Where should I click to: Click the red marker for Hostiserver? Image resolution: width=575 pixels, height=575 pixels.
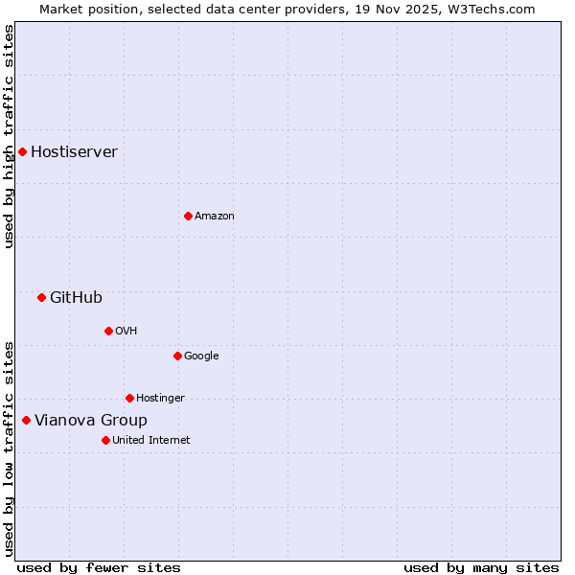click(x=22, y=151)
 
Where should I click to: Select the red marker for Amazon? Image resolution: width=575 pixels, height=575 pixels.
click(x=188, y=216)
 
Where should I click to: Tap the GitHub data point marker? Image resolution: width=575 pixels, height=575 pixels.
click(x=41, y=297)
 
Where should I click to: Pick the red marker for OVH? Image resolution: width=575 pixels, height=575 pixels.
click(x=108, y=331)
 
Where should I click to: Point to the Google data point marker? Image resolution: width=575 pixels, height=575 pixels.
click(x=177, y=356)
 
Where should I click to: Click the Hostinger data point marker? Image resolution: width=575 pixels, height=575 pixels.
click(x=129, y=398)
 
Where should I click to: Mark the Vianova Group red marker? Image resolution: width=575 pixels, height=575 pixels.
click(x=26, y=420)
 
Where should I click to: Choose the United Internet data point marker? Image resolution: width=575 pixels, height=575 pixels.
click(x=105, y=440)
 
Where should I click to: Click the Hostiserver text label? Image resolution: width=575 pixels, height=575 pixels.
click(x=74, y=151)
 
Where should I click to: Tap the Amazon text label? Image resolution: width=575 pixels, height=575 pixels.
click(x=215, y=216)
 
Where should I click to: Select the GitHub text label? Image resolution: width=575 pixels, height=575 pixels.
click(x=76, y=297)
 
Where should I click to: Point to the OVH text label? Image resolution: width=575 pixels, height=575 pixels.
click(x=126, y=331)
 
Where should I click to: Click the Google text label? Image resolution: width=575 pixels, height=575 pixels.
click(x=201, y=356)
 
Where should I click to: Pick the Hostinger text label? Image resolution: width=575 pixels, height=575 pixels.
click(x=160, y=398)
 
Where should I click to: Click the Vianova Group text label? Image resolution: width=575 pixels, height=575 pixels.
click(x=91, y=420)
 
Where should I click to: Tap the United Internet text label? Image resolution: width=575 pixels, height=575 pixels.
click(x=150, y=440)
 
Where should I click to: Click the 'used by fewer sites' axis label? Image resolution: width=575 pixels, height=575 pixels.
click(x=99, y=567)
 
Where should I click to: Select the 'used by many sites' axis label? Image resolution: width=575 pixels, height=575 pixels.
click(x=481, y=567)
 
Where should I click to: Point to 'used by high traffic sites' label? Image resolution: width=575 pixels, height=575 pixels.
click(x=9, y=136)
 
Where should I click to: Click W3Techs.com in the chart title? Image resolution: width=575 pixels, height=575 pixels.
click(x=490, y=9)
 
